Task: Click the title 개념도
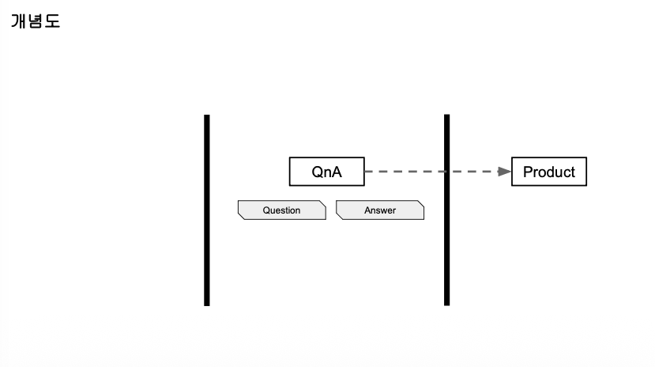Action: pos(36,21)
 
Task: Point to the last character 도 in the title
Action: pos(52,21)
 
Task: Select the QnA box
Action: pos(327,172)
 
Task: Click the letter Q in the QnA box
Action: pos(317,172)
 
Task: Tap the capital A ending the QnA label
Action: pos(337,172)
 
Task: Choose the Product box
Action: pos(549,172)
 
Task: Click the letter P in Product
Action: pos(529,172)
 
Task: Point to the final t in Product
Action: pos(572,172)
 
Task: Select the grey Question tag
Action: pos(282,210)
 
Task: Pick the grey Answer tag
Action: pos(380,210)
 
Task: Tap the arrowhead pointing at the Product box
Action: pos(505,171)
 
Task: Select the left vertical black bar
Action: pos(207,210)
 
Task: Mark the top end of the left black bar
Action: pos(207,117)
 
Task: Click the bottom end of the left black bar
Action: pos(207,303)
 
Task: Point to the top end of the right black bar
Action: pos(446,117)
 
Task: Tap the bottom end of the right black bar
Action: pos(446,303)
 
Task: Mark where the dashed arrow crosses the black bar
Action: pos(446,171)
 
